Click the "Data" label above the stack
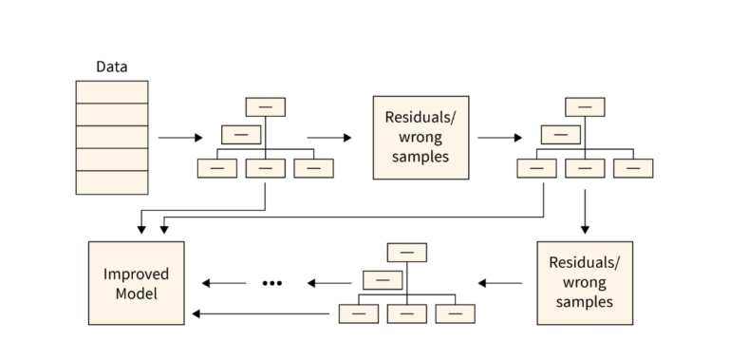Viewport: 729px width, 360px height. pyautogui.click(x=112, y=66)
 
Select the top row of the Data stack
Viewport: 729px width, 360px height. pyautogui.click(x=112, y=92)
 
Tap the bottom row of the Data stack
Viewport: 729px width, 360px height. pyautogui.click(x=112, y=182)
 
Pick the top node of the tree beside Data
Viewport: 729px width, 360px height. pyautogui.click(x=266, y=106)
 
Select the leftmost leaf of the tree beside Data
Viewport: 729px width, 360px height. pyautogui.click(x=217, y=167)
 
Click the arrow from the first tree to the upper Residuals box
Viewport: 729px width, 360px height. pyautogui.click(x=328, y=138)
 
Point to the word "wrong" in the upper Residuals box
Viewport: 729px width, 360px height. pyautogui.click(x=421, y=137)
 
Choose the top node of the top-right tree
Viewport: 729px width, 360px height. pyautogui.click(x=585, y=106)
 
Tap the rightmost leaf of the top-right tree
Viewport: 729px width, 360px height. pyautogui.click(x=633, y=167)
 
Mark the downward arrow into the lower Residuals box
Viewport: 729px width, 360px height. pyautogui.click(x=585, y=211)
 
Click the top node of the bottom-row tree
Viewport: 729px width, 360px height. pyautogui.click(x=407, y=252)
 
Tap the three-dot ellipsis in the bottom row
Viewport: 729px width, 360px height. pyautogui.click(x=272, y=283)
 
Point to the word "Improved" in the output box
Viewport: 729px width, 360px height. pyautogui.click(x=136, y=274)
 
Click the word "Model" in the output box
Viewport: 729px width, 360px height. pyautogui.click(x=136, y=294)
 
